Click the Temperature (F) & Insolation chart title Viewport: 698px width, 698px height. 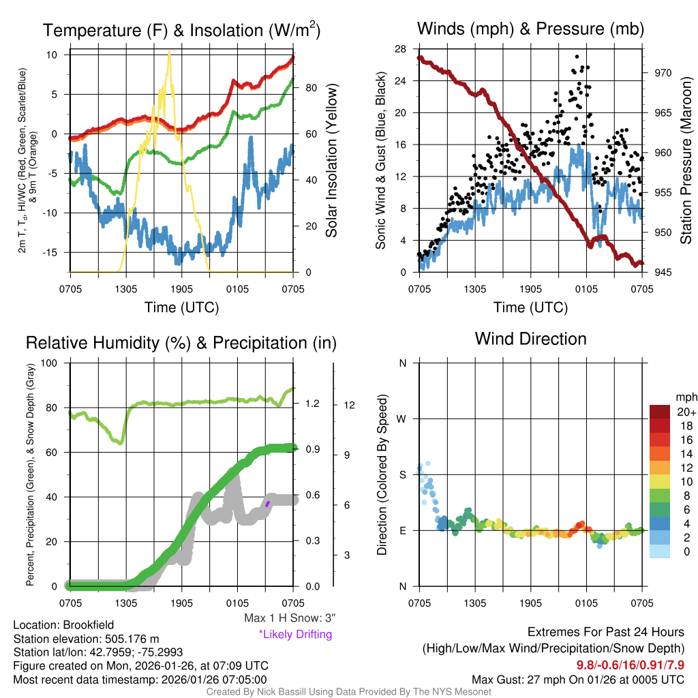pos(181,30)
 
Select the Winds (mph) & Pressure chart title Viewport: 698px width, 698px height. pos(530,29)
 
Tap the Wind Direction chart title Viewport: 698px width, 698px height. pos(530,339)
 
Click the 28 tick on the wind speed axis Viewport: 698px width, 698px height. pos(401,49)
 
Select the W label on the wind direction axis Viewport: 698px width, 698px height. pos(402,419)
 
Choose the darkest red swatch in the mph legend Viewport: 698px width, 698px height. pos(661,412)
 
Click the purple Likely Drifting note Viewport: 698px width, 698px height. pos(295,635)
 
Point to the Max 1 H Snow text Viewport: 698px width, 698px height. pos(290,618)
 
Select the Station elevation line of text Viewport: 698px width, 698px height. pos(86,638)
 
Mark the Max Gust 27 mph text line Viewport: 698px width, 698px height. pos(578,680)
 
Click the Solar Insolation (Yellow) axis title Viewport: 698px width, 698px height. pos(332,161)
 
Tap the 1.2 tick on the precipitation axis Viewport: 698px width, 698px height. pos(313,404)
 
